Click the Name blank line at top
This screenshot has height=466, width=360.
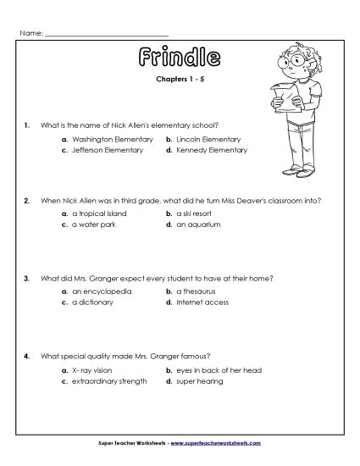click(x=106, y=33)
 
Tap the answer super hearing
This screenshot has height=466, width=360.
click(x=200, y=381)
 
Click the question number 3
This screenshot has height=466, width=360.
click(x=28, y=278)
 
